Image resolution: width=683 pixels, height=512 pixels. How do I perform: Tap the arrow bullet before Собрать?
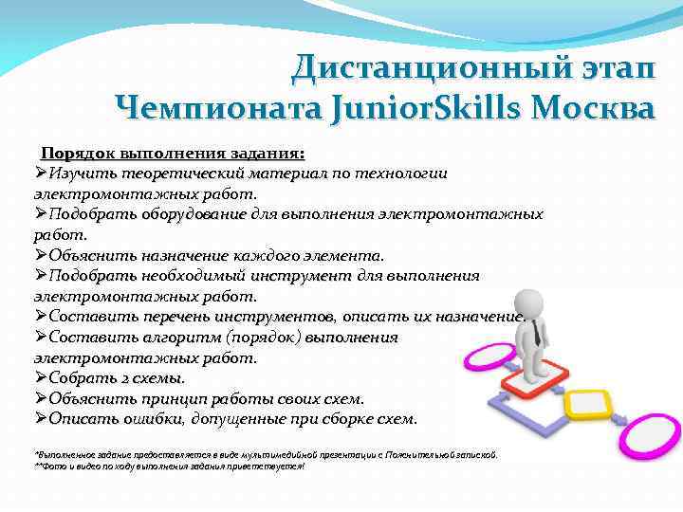pos(41,378)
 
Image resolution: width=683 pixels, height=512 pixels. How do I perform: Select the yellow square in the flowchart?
pos(589,406)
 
